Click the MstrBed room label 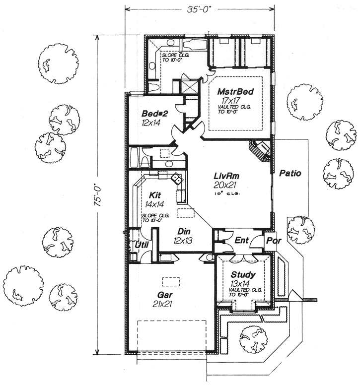[236, 92]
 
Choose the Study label [243, 274]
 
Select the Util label [142, 245]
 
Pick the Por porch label [273, 241]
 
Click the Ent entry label [241, 241]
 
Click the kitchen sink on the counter [176, 178]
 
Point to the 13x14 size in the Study [241, 283]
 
